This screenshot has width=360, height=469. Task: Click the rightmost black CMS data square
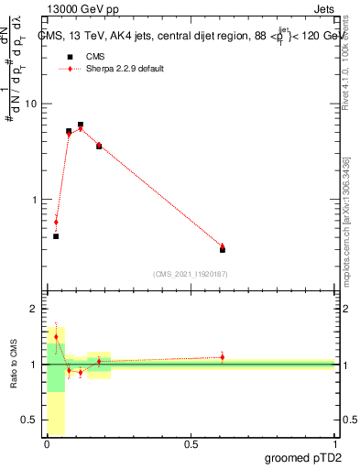coord(223,249)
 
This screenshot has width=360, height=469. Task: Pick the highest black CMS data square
coord(81,125)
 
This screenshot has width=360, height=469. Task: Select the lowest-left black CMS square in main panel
coord(56,236)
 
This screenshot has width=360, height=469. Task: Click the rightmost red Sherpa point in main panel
coord(223,246)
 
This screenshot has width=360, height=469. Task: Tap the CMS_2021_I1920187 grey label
coord(190,274)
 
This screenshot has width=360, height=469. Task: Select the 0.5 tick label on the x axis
coord(191,445)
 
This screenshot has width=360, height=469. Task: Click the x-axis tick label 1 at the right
coord(334,445)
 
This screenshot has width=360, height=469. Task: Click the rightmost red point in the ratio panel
coord(223,357)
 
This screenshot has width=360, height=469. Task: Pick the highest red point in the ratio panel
coord(56,337)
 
